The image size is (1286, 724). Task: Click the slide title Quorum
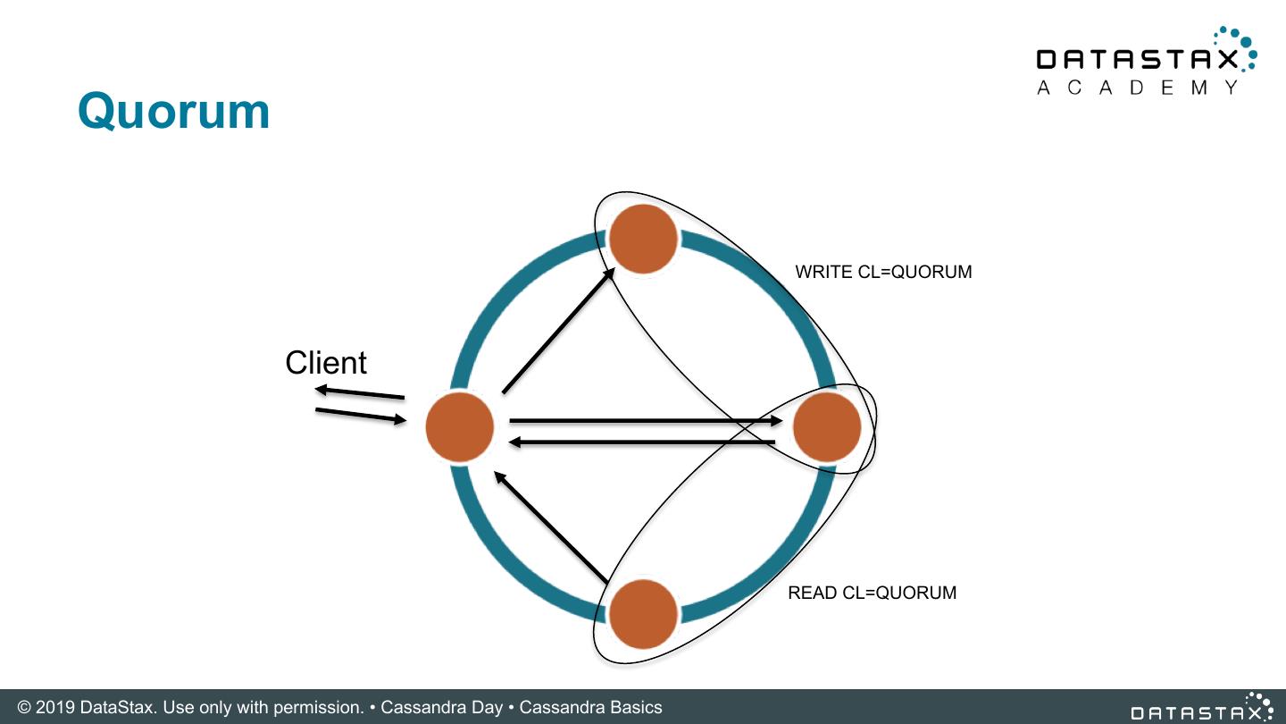(173, 112)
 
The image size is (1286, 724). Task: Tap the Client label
(326, 363)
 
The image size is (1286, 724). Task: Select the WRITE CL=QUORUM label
(883, 272)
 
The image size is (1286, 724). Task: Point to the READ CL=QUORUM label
(872, 593)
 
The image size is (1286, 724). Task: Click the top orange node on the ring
(643, 239)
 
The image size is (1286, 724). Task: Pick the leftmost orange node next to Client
(459, 427)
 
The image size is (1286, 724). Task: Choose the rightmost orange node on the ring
(827, 427)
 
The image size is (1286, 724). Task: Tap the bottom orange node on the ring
(643, 613)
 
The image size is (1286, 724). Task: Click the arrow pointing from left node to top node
(558, 332)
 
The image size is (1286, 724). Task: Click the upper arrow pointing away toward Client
(359, 392)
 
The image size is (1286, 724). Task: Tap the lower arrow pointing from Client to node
(361, 416)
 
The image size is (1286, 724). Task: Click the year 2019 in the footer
(55, 708)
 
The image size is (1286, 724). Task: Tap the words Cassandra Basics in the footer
(590, 708)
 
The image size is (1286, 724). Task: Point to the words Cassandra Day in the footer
(441, 708)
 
